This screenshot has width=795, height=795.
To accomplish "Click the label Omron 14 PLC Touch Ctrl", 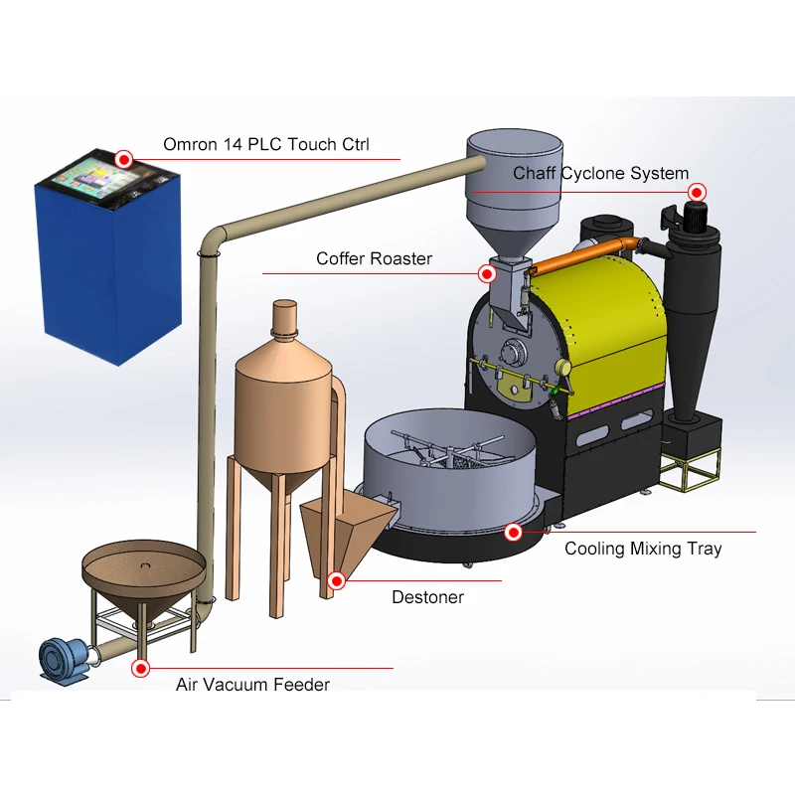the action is (265, 145).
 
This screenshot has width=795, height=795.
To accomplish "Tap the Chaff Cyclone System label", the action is (600, 174).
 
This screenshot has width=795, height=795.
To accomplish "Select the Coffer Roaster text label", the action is (374, 259).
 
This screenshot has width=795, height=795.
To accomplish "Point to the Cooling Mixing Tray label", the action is (643, 549).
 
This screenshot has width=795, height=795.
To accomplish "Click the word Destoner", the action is (427, 597).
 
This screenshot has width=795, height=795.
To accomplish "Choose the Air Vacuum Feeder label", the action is (252, 685).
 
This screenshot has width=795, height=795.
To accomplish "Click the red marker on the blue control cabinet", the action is (123, 158).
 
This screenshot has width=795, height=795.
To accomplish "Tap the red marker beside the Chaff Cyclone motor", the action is (698, 192).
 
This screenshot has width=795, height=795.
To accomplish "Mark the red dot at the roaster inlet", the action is (487, 272).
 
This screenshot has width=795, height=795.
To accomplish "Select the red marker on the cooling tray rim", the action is (513, 533).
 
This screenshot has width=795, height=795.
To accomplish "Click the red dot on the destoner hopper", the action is (337, 580).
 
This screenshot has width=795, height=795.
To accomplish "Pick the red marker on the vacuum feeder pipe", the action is (141, 668).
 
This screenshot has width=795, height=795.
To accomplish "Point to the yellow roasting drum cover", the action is (596, 308).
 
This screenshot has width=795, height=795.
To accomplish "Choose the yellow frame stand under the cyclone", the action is (690, 471).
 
